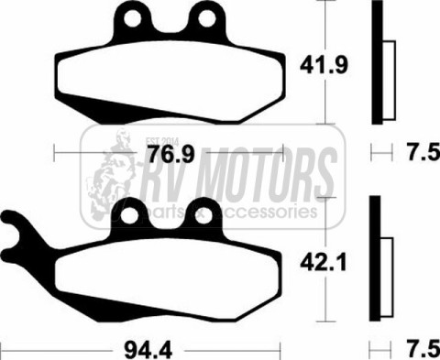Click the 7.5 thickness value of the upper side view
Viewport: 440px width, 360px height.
(x=419, y=151)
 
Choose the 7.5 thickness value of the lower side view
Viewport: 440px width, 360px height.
(x=419, y=349)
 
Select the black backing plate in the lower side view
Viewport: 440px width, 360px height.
(x=376, y=261)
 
